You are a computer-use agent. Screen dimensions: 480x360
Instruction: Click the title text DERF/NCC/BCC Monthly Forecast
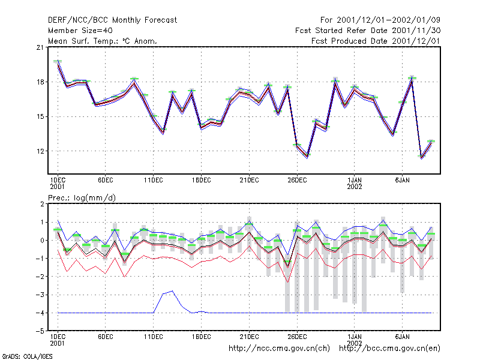click(x=112, y=20)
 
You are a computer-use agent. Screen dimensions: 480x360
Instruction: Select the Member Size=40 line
click(x=80, y=31)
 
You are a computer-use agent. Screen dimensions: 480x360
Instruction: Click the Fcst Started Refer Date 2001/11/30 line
click(x=368, y=31)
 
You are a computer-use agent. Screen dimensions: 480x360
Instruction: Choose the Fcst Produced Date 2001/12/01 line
click(x=376, y=41)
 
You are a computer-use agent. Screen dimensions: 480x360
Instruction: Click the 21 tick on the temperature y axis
click(x=40, y=47)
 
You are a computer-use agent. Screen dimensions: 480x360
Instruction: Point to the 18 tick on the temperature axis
click(x=40, y=82)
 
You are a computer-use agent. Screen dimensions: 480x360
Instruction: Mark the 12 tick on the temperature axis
click(x=40, y=151)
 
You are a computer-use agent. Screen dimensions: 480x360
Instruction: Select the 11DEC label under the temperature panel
click(x=154, y=181)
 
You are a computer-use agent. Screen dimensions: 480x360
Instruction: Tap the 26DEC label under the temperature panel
click(x=297, y=181)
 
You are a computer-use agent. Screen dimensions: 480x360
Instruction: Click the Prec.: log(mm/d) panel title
click(x=82, y=198)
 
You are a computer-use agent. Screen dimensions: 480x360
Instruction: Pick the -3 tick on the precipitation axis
click(x=40, y=295)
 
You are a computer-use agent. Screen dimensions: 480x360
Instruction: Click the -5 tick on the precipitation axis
click(x=40, y=331)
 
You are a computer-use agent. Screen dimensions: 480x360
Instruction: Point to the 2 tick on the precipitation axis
click(x=42, y=204)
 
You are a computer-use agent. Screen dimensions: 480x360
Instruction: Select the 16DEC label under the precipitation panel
click(x=202, y=337)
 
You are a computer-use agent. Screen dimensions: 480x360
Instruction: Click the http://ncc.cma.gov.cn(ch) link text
click(x=279, y=349)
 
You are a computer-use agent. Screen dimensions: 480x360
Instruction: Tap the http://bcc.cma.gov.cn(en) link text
click(x=389, y=349)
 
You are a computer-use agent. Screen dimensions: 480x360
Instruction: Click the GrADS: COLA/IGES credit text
click(x=27, y=356)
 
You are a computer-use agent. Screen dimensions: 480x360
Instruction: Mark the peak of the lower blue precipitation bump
click(x=173, y=291)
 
